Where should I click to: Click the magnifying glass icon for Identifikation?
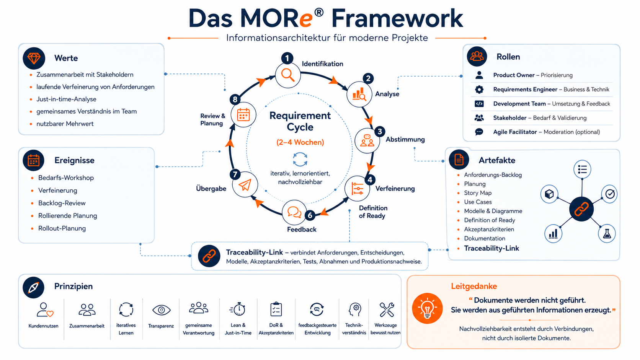288,75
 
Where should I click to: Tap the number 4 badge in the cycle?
370,179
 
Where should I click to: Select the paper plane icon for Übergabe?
245,185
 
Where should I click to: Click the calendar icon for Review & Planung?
243,115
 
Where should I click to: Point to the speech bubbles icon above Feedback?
294,212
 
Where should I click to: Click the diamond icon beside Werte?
34,58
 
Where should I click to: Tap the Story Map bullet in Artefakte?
478,193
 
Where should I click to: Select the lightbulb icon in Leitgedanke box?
428,308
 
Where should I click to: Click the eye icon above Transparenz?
162,310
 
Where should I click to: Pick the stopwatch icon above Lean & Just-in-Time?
237,309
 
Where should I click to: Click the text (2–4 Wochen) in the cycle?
300,142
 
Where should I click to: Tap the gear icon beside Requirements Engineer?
479,90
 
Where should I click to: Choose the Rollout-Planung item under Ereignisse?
62,228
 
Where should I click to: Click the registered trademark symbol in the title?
319,12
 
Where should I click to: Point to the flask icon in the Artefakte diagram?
607,234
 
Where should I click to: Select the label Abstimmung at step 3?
405,139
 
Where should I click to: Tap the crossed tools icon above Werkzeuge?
387,310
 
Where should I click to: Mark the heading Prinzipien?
73,286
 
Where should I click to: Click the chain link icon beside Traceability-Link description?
209,256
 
